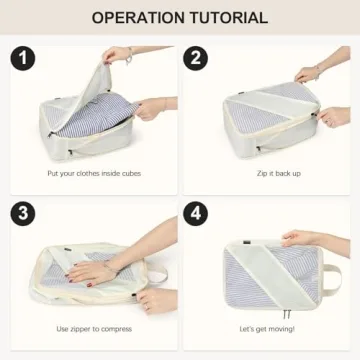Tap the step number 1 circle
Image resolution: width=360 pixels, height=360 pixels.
point(24,59)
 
